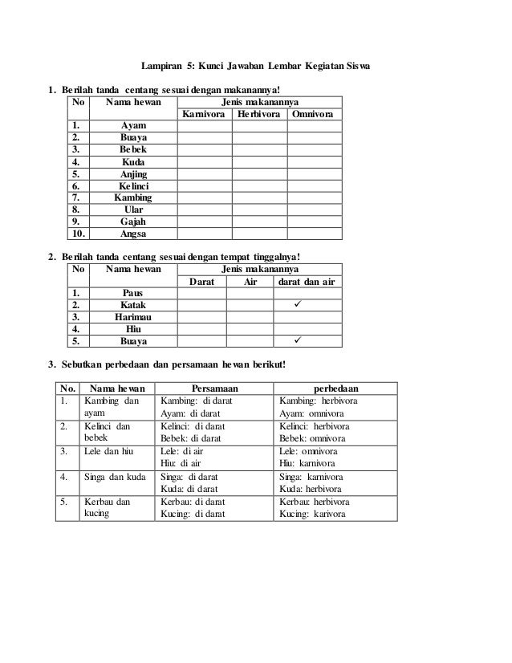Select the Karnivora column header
203,115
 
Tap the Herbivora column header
259,115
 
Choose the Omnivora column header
315,115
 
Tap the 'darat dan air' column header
309,282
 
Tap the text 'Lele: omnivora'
308,452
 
